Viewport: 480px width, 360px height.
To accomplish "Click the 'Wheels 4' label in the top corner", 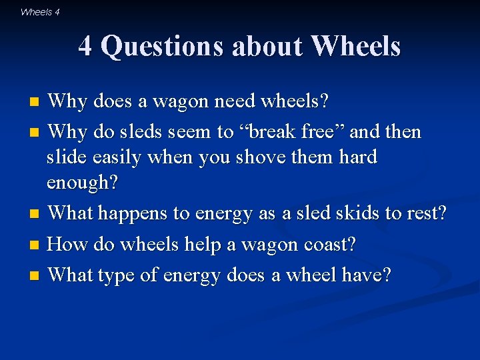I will (x=40, y=11).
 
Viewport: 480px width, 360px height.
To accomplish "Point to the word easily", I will (x=123, y=158).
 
